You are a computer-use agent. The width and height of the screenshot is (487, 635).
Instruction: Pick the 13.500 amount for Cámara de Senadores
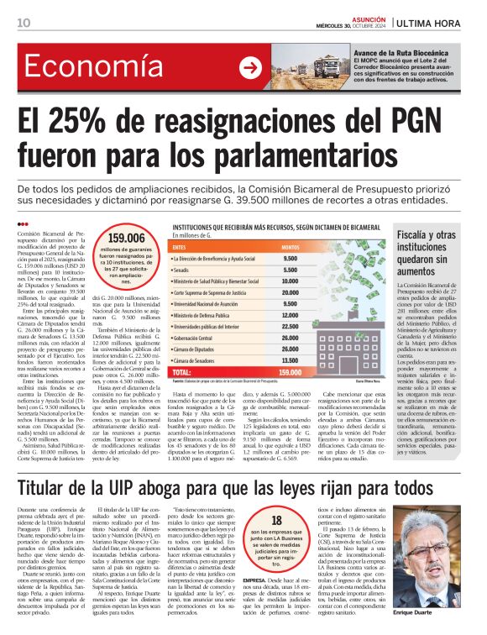291,360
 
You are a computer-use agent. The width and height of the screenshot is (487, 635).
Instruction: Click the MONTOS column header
291,247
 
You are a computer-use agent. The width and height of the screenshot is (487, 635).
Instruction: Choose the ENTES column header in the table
179,247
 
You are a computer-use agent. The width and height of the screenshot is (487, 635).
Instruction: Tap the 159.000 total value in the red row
291,371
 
